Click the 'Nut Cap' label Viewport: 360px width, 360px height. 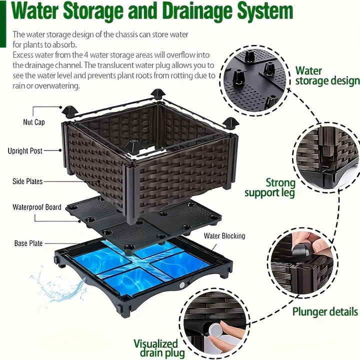(x=33, y=122)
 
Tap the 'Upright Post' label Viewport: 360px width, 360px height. (x=25, y=150)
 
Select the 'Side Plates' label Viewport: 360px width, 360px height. (x=27, y=181)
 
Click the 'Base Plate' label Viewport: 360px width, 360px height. (x=28, y=243)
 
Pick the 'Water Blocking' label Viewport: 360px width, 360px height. (x=224, y=236)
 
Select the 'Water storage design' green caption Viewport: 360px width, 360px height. (x=326, y=76)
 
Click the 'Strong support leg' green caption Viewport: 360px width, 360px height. (x=269, y=188)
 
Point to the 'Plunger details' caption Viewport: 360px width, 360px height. (x=325, y=312)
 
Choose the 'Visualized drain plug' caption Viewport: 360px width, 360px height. (x=155, y=348)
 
